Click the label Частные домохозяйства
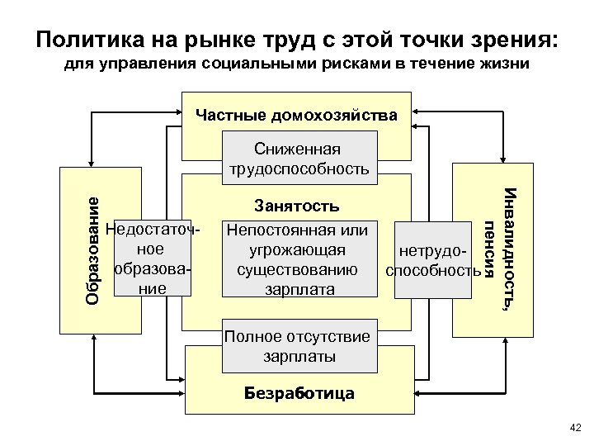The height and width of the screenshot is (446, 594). click(296, 115)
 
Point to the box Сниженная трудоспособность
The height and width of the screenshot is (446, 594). click(297, 159)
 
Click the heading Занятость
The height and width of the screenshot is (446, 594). click(297, 204)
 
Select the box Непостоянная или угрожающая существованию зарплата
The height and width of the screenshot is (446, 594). click(297, 258)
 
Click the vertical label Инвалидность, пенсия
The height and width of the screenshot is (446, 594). click(501, 248)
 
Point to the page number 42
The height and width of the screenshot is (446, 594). click(575, 427)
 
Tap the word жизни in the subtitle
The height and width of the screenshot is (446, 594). click(503, 64)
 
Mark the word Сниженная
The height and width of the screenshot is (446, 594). click(297, 149)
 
